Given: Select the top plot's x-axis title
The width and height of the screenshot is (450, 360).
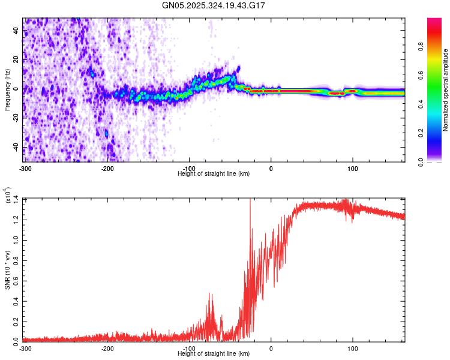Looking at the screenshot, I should (214, 173).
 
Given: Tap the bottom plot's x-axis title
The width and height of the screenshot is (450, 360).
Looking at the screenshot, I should (214, 354).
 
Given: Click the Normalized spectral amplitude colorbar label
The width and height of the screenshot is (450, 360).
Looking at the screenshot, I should (446, 90).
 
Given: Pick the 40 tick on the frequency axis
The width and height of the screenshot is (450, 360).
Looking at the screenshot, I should (17, 31).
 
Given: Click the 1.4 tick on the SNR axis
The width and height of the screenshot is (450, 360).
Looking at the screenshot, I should (16, 199).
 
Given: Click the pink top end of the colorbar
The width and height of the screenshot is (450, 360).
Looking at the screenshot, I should (434, 21).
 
